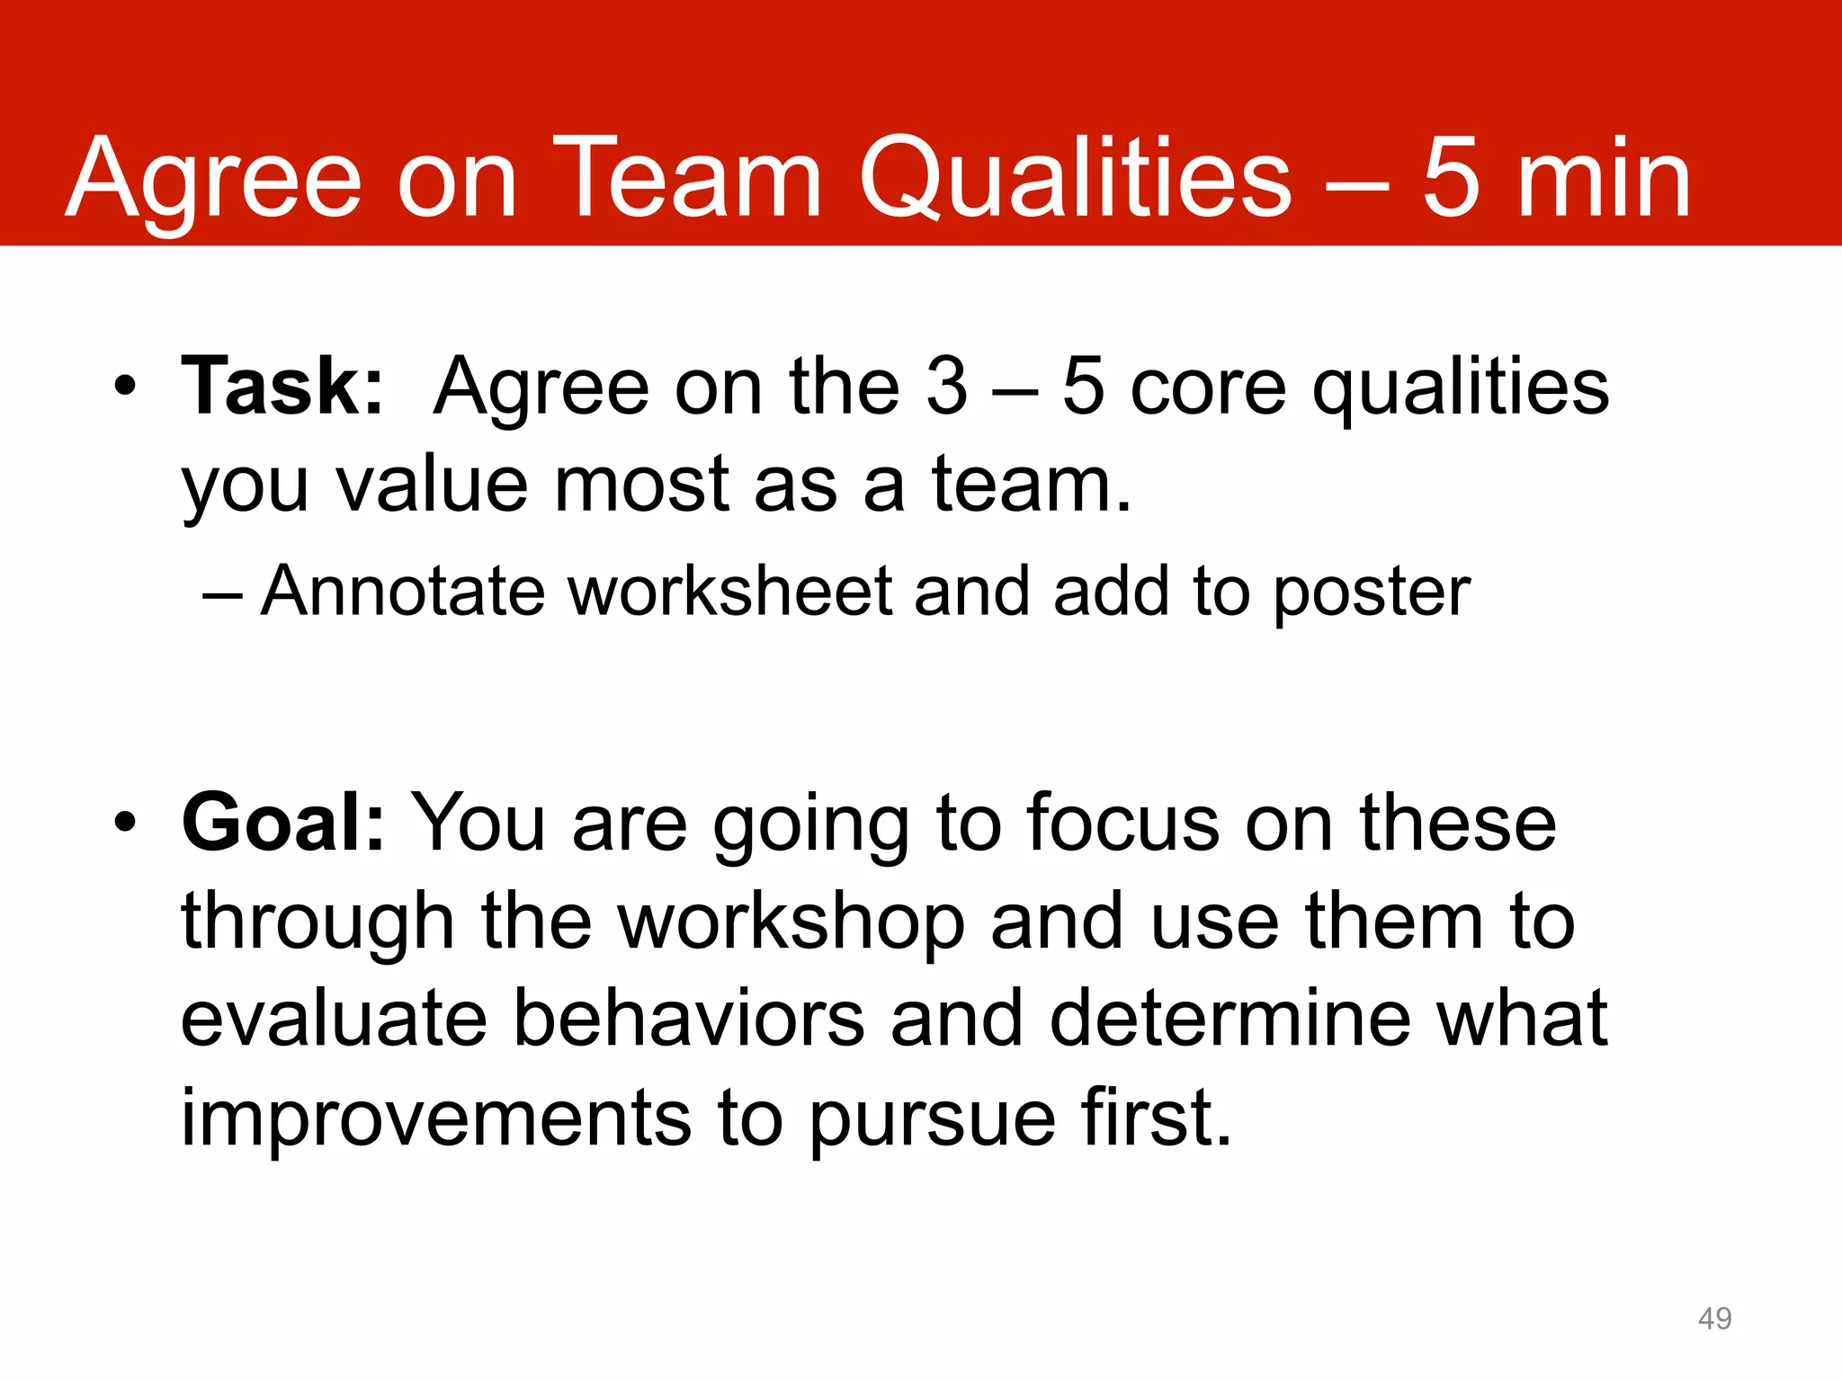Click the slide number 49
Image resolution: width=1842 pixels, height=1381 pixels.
(1714, 1318)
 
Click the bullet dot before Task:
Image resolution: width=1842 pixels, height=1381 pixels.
(125, 388)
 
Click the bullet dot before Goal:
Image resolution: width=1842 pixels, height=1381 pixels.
(125, 823)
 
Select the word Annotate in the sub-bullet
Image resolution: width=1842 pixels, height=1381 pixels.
(403, 592)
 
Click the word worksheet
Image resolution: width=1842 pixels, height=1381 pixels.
(730, 592)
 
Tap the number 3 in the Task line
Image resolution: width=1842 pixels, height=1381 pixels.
(946, 387)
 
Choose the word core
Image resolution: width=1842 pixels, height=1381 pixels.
(1207, 388)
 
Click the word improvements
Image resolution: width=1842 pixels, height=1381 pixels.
(436, 1118)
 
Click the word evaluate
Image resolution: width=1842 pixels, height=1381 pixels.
(334, 1019)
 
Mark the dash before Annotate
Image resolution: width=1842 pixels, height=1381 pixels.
(221, 593)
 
